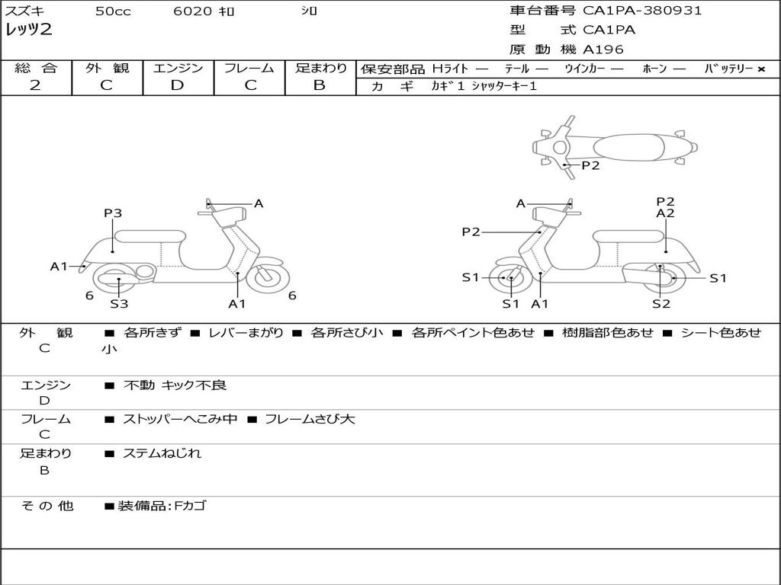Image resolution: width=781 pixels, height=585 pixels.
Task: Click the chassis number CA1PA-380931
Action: (x=642, y=11)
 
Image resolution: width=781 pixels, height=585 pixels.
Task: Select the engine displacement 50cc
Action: (x=113, y=11)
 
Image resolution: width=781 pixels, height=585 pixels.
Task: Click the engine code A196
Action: (x=603, y=50)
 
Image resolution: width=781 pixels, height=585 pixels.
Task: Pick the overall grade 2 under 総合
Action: (x=35, y=85)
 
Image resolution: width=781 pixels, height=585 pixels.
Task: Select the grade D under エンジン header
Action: (x=177, y=85)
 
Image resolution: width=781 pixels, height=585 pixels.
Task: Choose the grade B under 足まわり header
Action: (x=320, y=85)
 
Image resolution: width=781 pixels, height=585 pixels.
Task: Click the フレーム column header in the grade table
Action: (x=249, y=69)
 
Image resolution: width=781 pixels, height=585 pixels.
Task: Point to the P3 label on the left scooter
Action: (x=113, y=214)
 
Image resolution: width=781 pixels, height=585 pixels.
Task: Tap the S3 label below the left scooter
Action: (x=119, y=304)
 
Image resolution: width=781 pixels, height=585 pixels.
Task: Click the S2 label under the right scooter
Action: (x=660, y=304)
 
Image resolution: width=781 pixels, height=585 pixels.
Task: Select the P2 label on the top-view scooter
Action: (x=590, y=165)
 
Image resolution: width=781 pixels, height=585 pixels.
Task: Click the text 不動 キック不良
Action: (x=175, y=385)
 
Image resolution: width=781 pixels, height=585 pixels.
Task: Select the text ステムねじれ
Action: (x=162, y=453)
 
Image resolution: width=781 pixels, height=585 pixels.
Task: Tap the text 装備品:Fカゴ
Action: (x=161, y=506)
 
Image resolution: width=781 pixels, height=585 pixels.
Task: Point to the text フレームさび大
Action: (x=310, y=419)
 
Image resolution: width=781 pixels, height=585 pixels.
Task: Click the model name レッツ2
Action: (x=29, y=30)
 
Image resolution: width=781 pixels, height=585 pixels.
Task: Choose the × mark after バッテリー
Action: (x=760, y=69)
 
